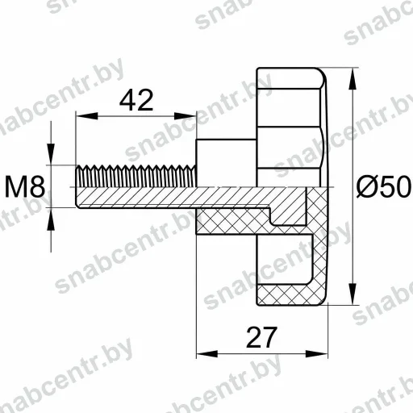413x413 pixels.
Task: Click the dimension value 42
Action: [x=136, y=101]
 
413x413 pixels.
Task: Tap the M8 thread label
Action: [x=25, y=186]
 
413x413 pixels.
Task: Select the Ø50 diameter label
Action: [x=384, y=186]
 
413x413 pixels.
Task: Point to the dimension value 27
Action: [x=261, y=337]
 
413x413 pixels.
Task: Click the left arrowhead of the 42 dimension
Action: [x=87, y=116]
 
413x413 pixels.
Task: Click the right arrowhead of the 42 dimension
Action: [x=186, y=116]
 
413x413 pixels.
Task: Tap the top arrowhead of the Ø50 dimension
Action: [x=353, y=78]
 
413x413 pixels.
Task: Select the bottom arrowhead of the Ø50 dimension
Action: [x=353, y=294]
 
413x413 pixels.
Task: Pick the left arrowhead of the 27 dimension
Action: [x=207, y=354]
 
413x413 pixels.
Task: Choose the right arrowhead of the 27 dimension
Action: [x=317, y=354]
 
